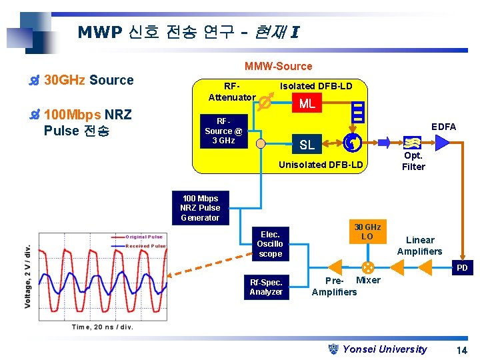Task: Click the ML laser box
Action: pos(307,103)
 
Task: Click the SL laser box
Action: pos(307,145)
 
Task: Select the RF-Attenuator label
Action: pos(231,92)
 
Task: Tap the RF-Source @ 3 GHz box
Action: pos(223,131)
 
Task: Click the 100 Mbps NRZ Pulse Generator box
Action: pos(199,208)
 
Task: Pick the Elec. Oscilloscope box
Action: pos(270,244)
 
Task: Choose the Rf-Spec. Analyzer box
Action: pos(266,287)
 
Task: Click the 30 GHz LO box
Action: pos(367,232)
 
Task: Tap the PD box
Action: pos(461,269)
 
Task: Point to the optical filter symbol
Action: pos(411,143)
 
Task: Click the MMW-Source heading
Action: pos(278,66)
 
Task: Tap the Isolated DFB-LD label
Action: pos(316,85)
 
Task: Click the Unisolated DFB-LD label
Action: pos(321,165)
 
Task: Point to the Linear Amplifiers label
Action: pos(419,245)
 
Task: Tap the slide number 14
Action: pos(461,350)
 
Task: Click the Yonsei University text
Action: pos(384,349)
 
